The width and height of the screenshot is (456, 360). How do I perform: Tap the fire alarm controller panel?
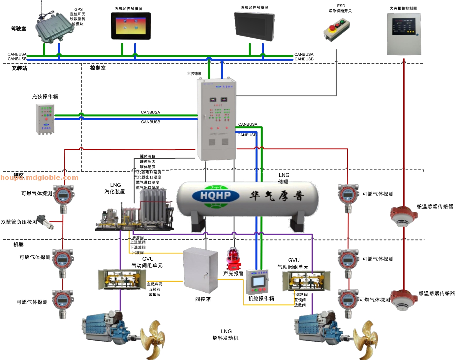click(404, 34)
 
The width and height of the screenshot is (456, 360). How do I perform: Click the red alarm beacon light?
click(233, 258)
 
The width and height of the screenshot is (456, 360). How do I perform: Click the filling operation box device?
click(45, 119)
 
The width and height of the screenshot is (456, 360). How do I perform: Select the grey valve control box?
click(200, 270)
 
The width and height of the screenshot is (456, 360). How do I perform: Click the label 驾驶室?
click(18, 29)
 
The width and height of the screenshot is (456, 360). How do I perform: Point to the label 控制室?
click(98, 68)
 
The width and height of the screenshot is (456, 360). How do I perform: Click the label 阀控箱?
click(203, 299)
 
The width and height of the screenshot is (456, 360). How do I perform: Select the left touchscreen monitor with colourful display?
click(131, 26)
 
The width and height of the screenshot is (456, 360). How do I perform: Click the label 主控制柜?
click(195, 74)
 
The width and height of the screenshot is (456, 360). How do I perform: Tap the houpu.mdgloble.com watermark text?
click(39, 178)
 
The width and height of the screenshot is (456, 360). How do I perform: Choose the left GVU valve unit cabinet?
click(122, 279)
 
